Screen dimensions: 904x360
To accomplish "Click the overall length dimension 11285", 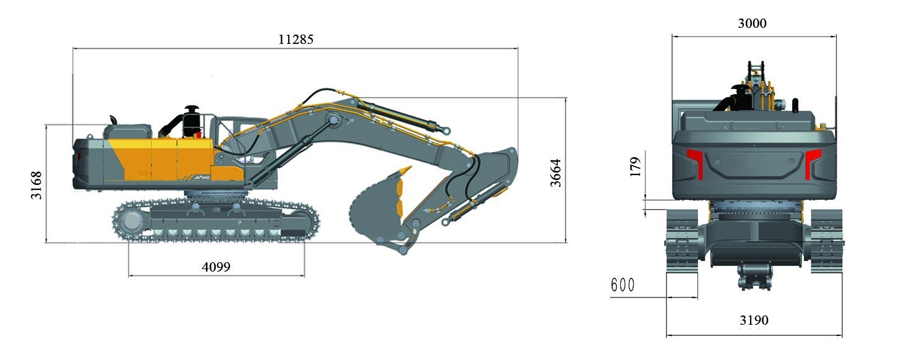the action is (x=296, y=39).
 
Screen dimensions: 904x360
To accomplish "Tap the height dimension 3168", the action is (x=36, y=185).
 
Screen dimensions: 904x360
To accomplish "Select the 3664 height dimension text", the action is (x=556, y=173).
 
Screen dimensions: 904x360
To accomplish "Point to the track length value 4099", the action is (x=216, y=267).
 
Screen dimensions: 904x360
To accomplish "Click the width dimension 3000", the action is (x=753, y=24).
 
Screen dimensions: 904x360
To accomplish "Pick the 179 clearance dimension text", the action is (x=635, y=166).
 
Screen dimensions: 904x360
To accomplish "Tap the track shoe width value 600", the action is (x=623, y=285).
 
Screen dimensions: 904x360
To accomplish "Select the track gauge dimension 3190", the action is (x=754, y=320).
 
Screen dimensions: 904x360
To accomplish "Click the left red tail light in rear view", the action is (x=696, y=162).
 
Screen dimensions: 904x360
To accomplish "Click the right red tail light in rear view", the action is (x=812, y=162).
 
